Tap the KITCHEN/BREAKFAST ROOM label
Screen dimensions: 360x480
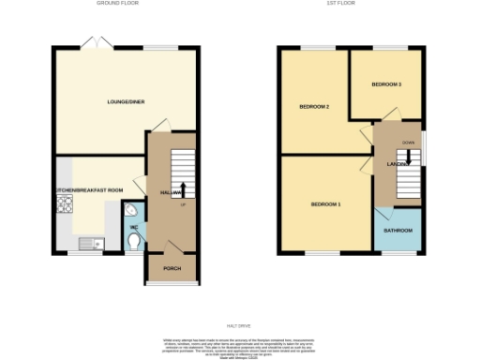[x=90, y=190]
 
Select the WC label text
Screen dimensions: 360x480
[x=134, y=227]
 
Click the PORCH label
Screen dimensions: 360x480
[x=172, y=267]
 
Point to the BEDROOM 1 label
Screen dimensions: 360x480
[x=326, y=204]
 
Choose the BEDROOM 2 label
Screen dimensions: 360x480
[x=314, y=106]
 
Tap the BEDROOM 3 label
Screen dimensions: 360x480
[x=386, y=84]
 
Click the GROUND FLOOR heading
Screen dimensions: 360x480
[x=118, y=4]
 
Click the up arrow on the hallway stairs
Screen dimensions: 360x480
[x=183, y=188]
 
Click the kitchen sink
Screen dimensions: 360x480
[x=90, y=245]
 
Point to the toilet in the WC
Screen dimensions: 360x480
[x=137, y=243]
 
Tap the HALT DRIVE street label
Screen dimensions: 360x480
[x=239, y=301]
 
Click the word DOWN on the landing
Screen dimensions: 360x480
[x=408, y=142]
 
